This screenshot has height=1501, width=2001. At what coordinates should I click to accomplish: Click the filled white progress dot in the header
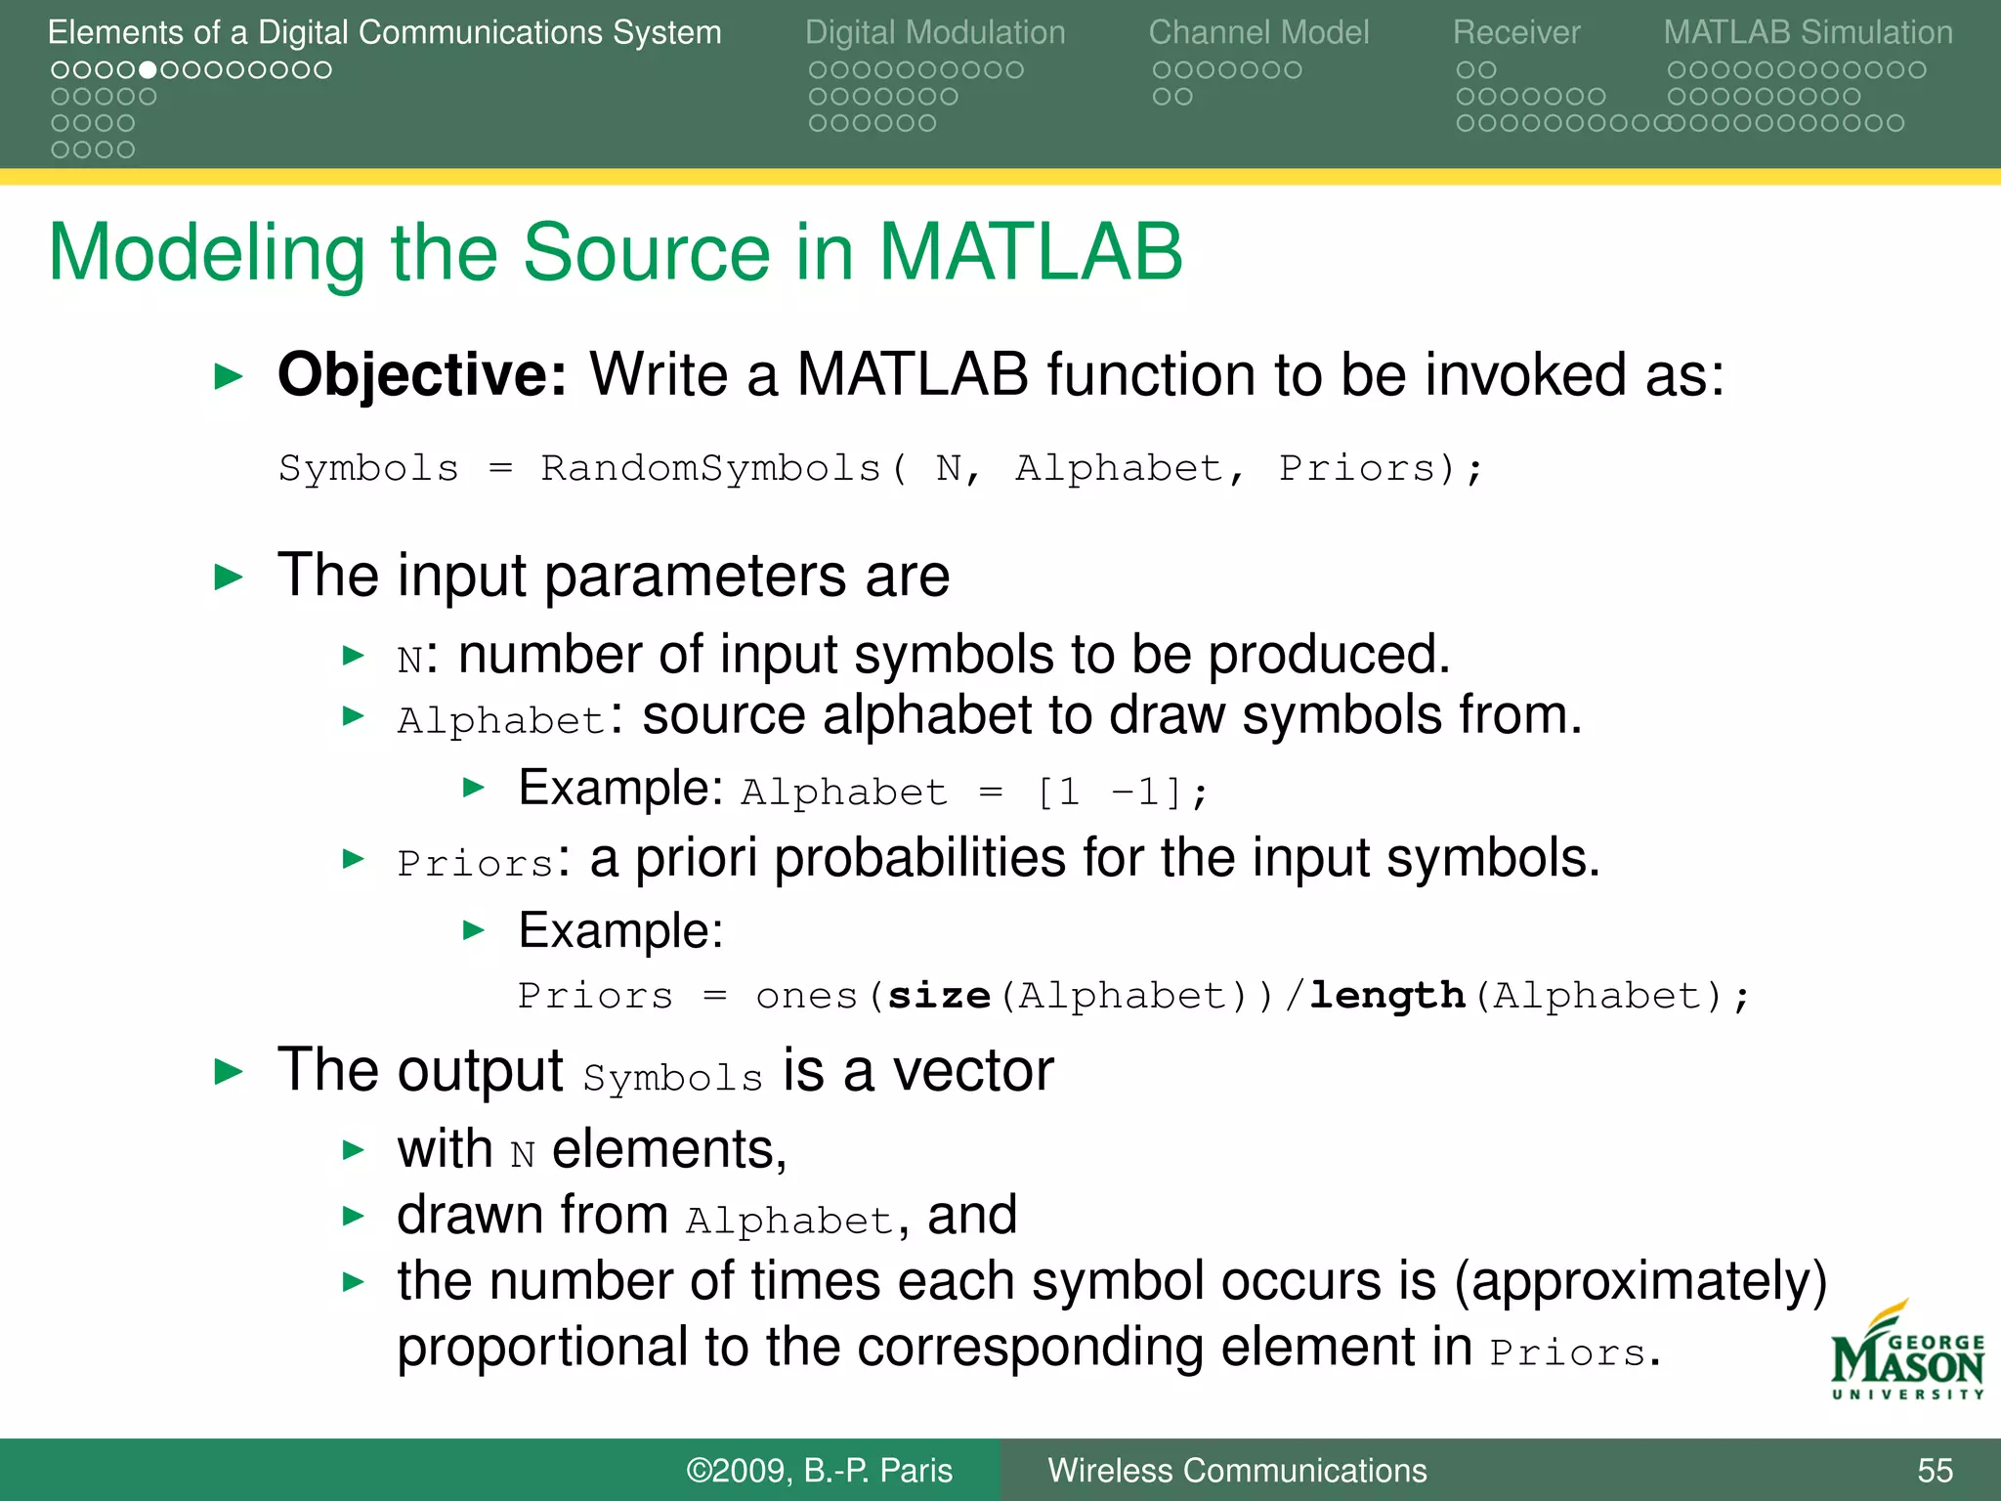pos(148,70)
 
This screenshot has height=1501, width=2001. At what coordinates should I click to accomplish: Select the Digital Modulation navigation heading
pos(935,32)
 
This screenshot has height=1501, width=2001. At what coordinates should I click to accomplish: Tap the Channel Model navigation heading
pos(1258,32)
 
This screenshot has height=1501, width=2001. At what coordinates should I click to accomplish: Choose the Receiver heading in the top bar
pos(1515,32)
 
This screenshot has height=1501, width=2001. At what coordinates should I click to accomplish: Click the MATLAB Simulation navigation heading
pos(1808,32)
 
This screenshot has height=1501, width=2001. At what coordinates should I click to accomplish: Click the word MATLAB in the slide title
pos(1030,252)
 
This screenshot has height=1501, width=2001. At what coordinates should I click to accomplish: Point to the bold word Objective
pos(421,374)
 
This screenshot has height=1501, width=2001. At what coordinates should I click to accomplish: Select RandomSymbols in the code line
pos(710,468)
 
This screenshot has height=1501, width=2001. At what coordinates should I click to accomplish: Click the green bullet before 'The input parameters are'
pos(228,577)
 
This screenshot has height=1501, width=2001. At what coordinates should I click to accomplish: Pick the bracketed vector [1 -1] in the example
pos(1111,792)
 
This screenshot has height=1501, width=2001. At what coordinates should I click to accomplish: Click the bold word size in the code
pos(939,996)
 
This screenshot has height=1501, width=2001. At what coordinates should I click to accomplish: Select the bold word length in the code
pos(1387,996)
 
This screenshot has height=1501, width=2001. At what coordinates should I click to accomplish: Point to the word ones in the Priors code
pos(806,996)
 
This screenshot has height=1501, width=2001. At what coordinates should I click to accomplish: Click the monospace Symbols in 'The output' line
pos(672,1078)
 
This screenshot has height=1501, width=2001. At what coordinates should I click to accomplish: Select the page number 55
pos(1935,1470)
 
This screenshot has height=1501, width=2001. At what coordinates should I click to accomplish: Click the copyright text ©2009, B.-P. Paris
pos(819,1470)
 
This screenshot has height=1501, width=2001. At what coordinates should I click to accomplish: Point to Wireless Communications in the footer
pos(1237,1470)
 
